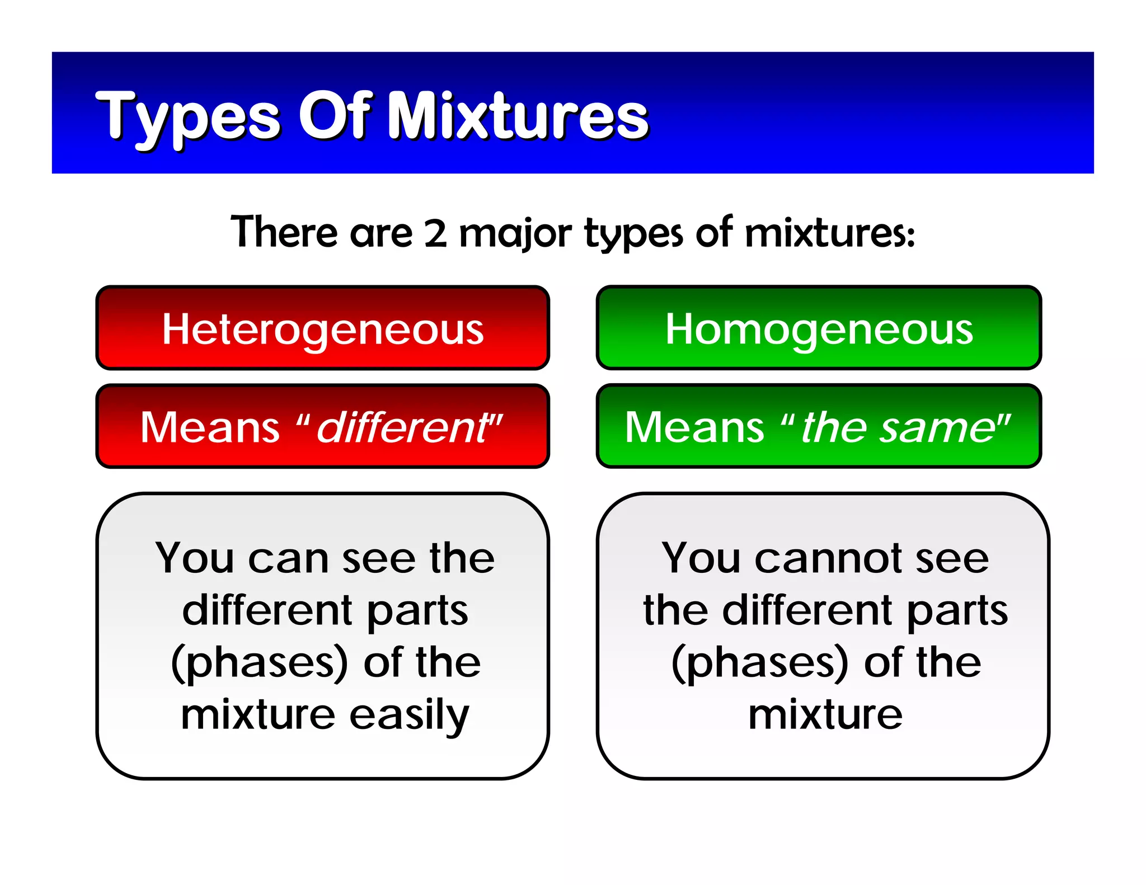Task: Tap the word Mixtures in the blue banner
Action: pyautogui.click(x=518, y=116)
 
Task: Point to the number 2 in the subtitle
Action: pyautogui.click(x=435, y=233)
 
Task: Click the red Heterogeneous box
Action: pyautogui.click(x=323, y=328)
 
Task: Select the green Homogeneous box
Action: pyautogui.click(x=819, y=328)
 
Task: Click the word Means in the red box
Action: pyautogui.click(x=210, y=427)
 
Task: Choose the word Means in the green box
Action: pyautogui.click(x=694, y=427)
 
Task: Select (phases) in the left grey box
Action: pyautogui.click(x=260, y=663)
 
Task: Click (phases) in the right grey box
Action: pyautogui.click(x=760, y=663)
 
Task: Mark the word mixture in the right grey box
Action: pyautogui.click(x=825, y=715)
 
